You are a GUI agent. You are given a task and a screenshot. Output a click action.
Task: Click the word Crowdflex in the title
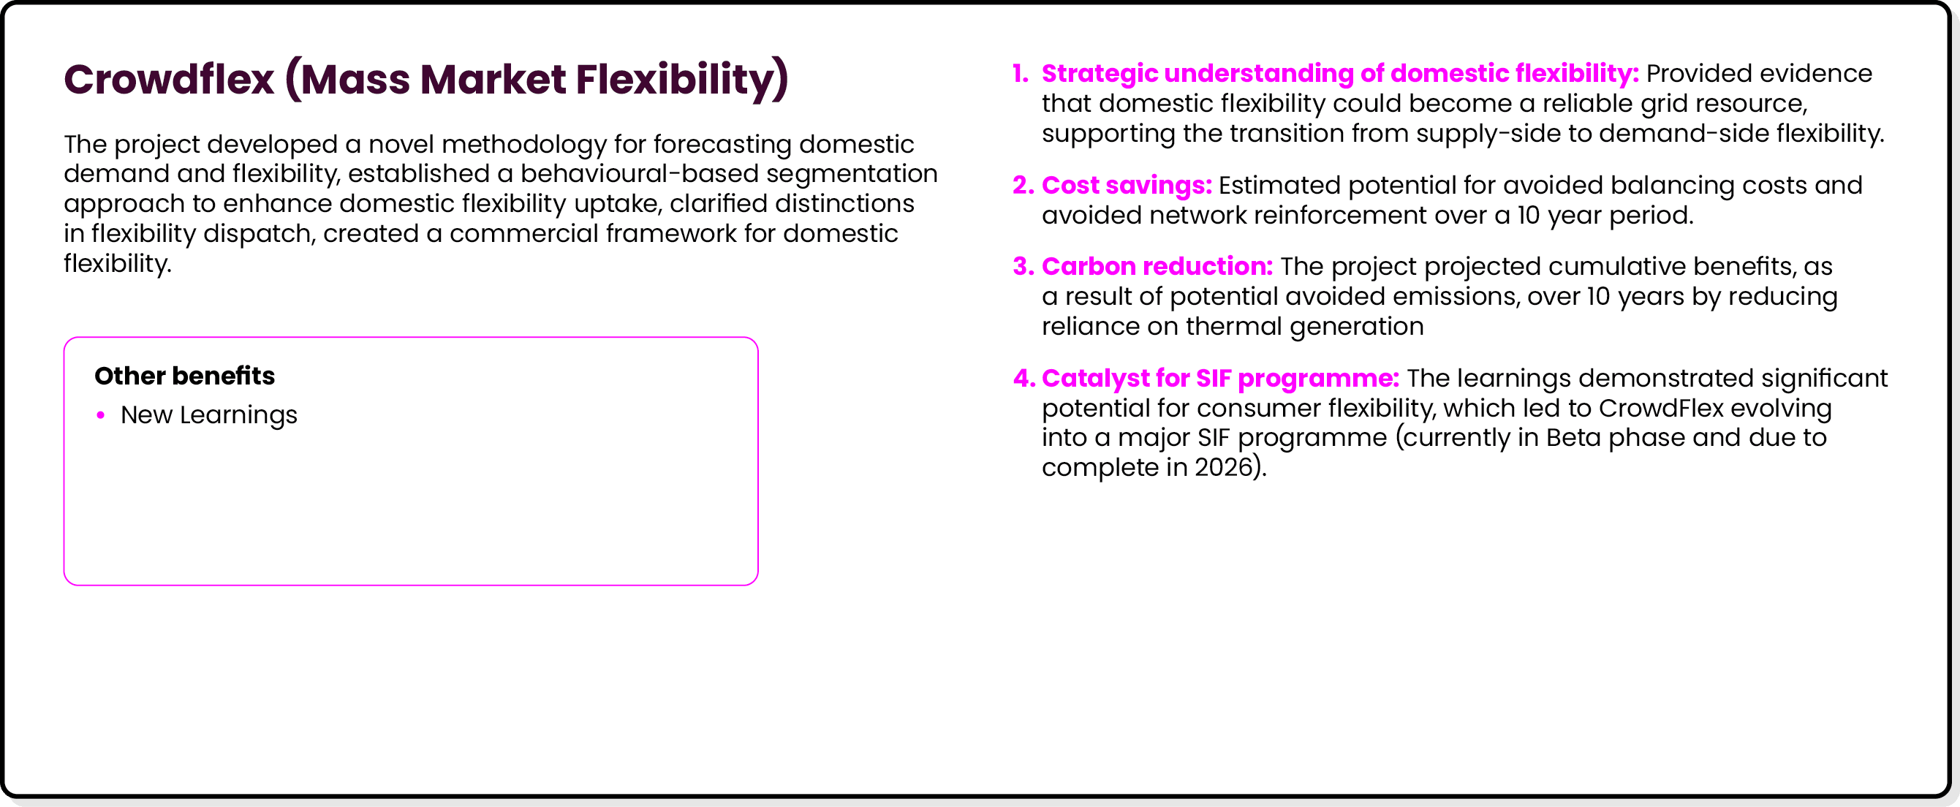[169, 80]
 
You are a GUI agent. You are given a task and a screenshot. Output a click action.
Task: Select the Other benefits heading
[184, 376]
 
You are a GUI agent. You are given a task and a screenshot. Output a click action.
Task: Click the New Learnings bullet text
[208, 415]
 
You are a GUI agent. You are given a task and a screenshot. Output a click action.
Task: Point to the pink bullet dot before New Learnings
[100, 415]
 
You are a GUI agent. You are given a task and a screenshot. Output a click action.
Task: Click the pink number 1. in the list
[1021, 74]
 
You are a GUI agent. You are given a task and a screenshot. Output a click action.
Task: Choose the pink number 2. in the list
[1023, 186]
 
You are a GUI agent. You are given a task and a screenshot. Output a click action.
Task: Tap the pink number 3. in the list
[1023, 267]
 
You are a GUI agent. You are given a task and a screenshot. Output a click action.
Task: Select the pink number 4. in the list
[1023, 379]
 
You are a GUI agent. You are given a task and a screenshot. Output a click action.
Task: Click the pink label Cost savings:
[1126, 186]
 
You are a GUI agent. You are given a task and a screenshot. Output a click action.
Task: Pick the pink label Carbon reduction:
[1157, 267]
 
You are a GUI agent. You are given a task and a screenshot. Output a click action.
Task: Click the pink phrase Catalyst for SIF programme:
[1219, 379]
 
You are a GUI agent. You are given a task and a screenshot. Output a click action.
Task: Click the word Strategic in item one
[1099, 74]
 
